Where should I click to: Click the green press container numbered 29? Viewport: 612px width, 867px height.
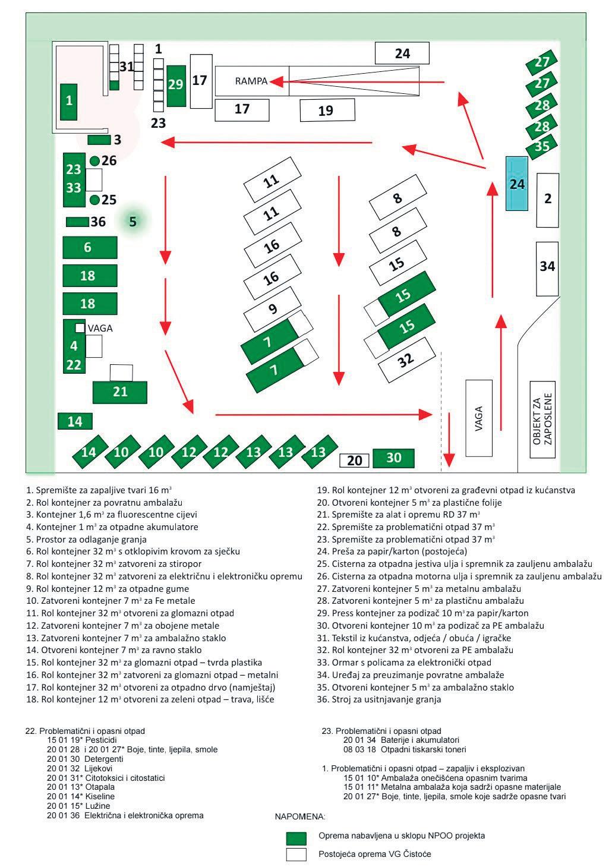pos(176,86)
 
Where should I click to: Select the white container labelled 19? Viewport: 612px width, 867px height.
pos(327,110)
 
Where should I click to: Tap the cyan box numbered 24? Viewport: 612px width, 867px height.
pos(517,183)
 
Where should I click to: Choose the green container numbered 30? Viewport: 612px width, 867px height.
pos(393,458)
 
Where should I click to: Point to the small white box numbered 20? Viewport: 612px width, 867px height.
pos(354,460)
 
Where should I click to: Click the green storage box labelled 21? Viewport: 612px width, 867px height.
pos(119,392)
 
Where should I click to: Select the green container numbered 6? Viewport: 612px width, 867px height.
pos(88,247)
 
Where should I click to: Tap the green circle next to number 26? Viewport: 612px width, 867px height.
pos(94,160)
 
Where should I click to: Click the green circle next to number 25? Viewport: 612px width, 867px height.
pos(94,200)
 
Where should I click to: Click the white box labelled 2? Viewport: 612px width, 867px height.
pos(548,200)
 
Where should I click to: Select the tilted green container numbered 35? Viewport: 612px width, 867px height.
pos(541,146)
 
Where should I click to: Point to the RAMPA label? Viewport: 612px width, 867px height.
pos(251,81)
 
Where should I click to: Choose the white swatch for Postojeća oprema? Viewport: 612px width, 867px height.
pos(296,855)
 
